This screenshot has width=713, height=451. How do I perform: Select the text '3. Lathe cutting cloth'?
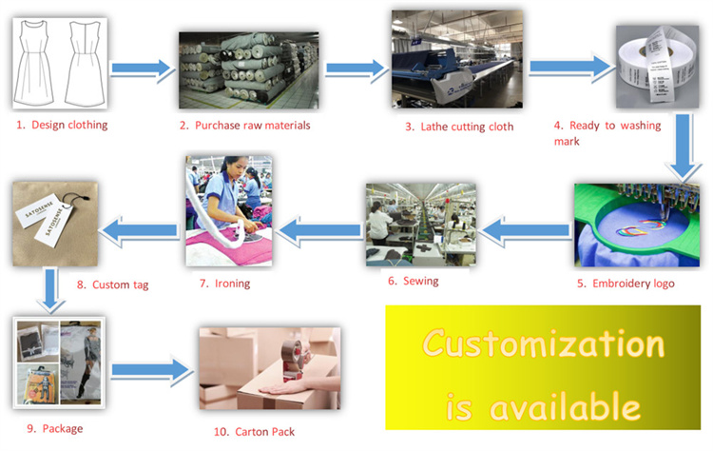click(454, 127)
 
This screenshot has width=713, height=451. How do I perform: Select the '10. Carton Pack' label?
click(254, 431)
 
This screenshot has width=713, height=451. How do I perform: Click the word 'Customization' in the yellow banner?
click(543, 343)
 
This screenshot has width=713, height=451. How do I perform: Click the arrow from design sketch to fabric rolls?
click(141, 68)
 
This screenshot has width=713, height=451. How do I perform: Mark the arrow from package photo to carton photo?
click(149, 369)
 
